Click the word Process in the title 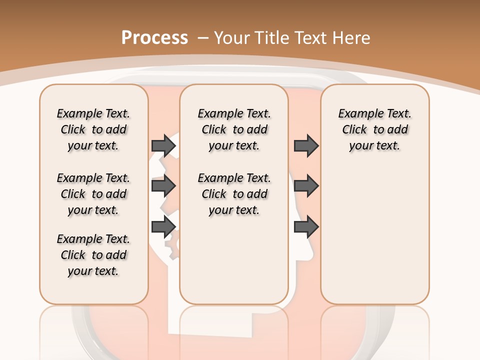[x=154, y=37]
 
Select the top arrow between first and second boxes [x=163, y=145]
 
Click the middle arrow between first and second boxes [x=163, y=186]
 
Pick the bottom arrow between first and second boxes [x=163, y=227]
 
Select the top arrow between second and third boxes [x=306, y=145]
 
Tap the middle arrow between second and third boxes [x=306, y=186]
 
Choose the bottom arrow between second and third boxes [x=306, y=227]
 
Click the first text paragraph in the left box [x=93, y=129]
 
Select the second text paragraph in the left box [x=93, y=194]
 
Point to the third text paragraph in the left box [x=93, y=255]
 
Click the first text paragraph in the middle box [x=234, y=129]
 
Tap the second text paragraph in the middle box [x=234, y=194]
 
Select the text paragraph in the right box [x=374, y=129]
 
